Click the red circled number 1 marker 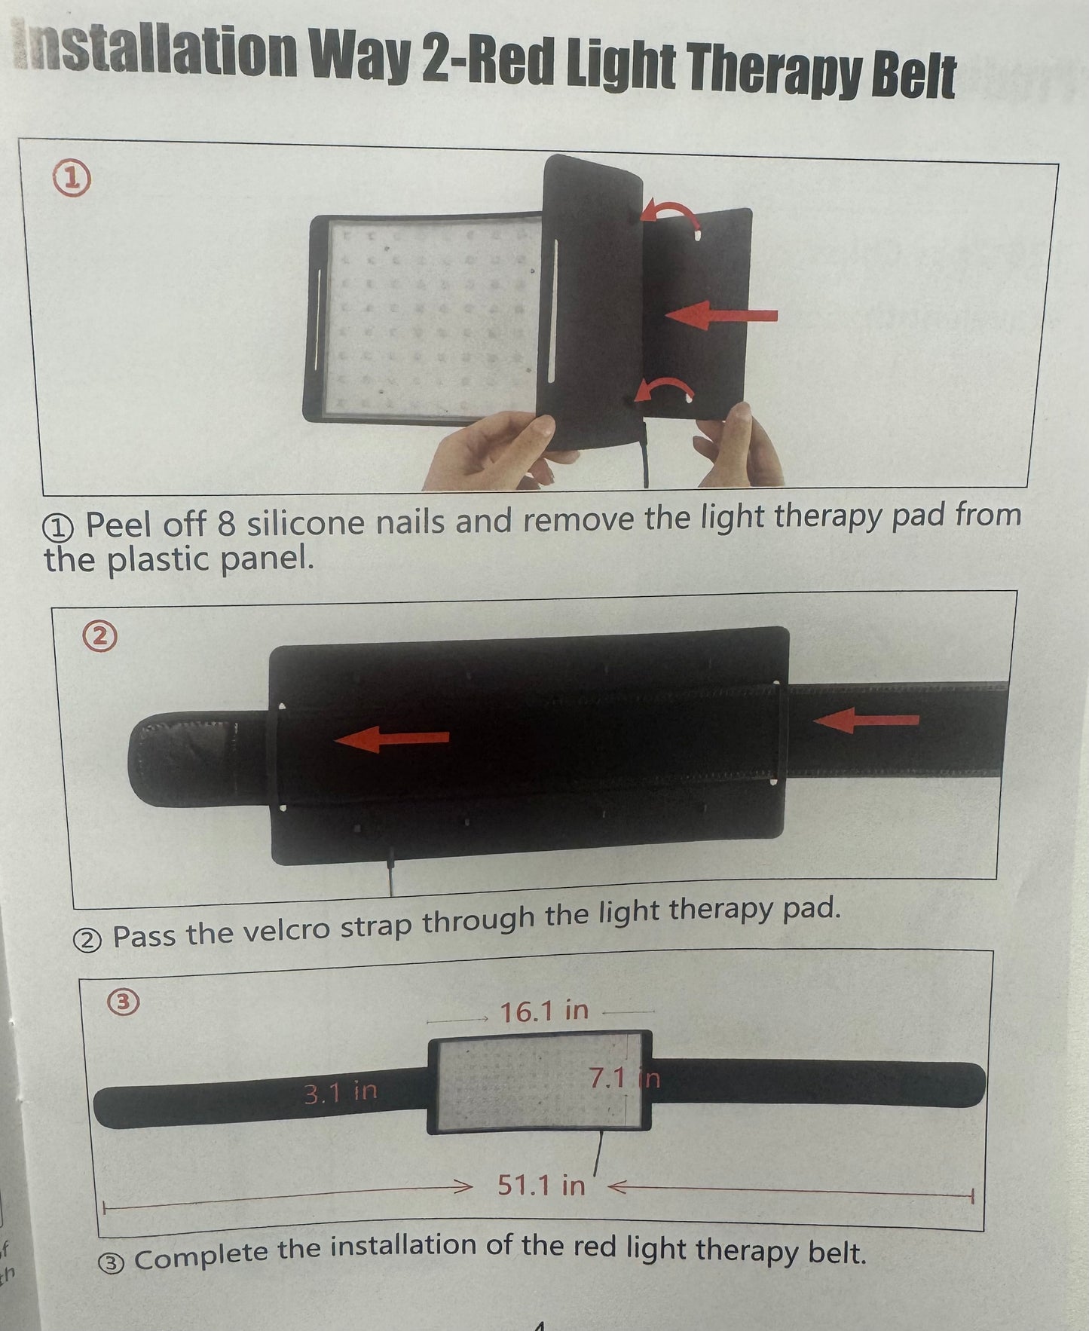pyautogui.click(x=72, y=179)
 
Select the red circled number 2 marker pyautogui.click(x=100, y=637)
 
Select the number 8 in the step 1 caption pyautogui.click(x=226, y=523)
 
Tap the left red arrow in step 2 pyautogui.click(x=392, y=739)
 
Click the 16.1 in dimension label pyautogui.click(x=544, y=1011)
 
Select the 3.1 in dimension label pyautogui.click(x=340, y=1092)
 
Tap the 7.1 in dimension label pyautogui.click(x=624, y=1079)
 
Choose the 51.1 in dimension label pyautogui.click(x=541, y=1186)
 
